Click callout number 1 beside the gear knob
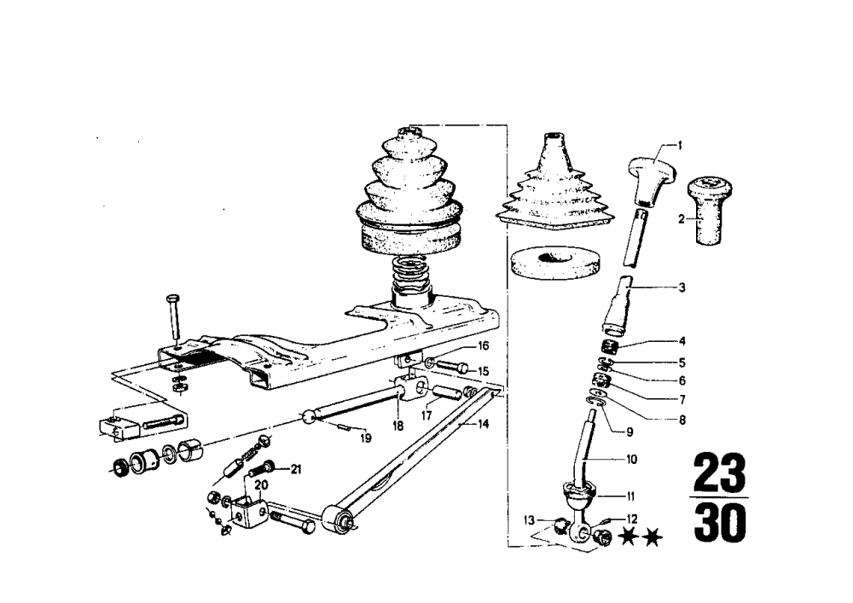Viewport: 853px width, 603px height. (x=681, y=145)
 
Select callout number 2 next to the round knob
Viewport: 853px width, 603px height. (x=681, y=219)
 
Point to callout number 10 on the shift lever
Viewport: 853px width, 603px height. (x=631, y=459)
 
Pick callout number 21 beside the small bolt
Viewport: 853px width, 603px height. (x=296, y=468)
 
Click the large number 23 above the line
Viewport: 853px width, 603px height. (x=719, y=472)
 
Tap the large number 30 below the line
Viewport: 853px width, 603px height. (x=719, y=524)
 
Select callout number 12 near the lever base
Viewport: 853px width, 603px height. (x=632, y=518)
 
